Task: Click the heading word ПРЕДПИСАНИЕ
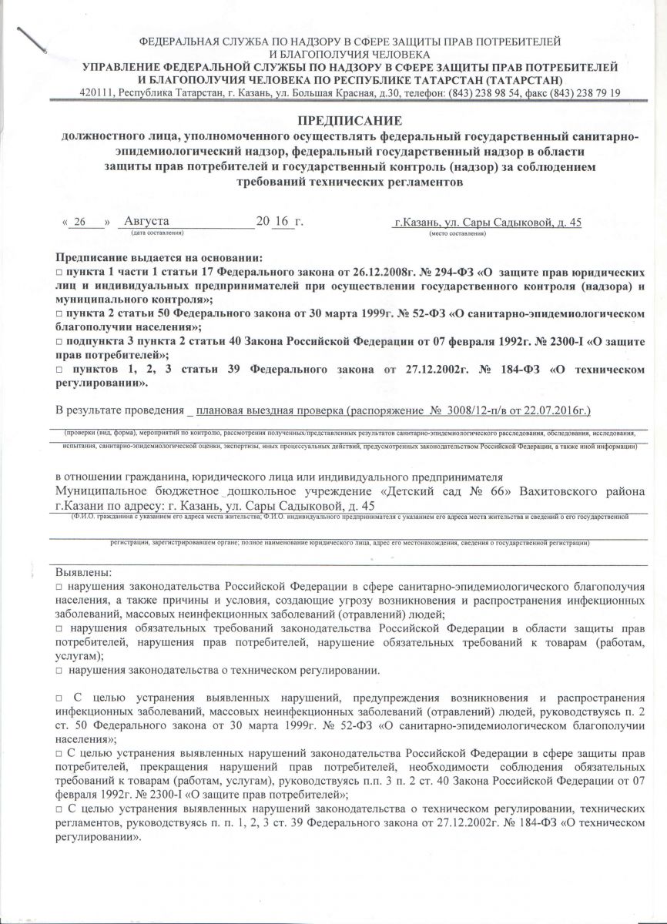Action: point(350,121)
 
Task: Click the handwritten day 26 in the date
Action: point(79,222)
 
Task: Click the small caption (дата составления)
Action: point(157,233)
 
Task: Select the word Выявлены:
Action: point(84,573)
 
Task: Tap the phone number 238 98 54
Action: point(486,93)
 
